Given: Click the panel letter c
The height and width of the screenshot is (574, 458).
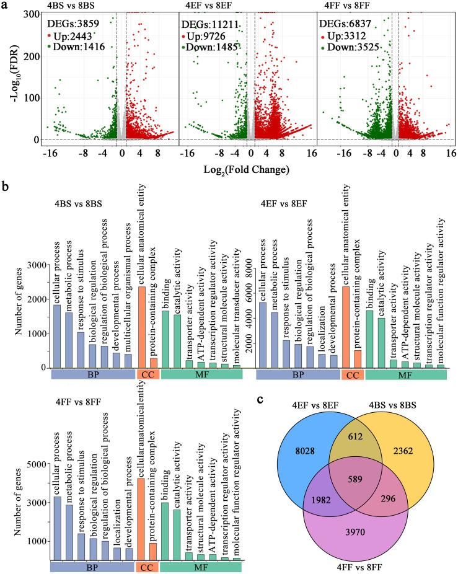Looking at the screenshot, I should pos(259,399).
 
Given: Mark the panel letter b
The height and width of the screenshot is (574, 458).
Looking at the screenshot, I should pos(6,185).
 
